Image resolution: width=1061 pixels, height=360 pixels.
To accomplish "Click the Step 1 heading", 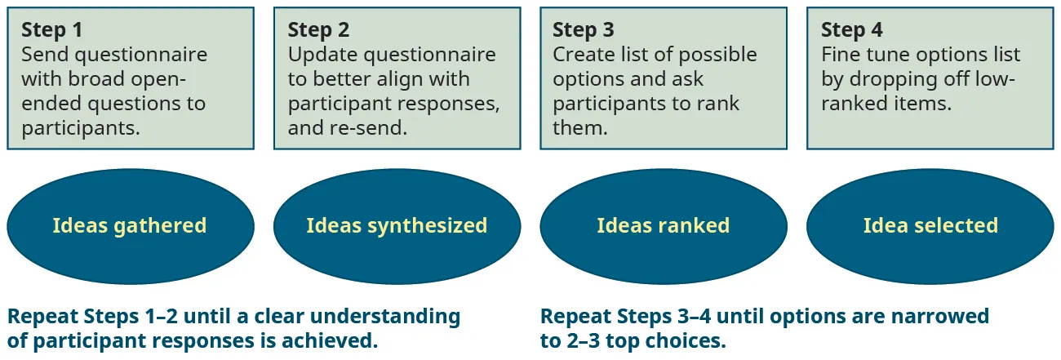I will [51, 30].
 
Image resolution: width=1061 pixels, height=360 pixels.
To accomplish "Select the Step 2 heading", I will [318, 30].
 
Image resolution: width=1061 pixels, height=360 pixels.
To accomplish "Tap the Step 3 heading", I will [584, 30].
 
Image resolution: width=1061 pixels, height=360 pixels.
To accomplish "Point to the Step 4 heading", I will [851, 30].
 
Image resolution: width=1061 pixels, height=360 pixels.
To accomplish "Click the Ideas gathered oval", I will [130, 226].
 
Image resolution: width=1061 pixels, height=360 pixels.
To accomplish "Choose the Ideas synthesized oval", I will [397, 226].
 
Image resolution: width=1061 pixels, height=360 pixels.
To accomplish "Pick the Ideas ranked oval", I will [663, 226].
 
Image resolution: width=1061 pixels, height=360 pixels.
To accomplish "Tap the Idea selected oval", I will [930, 226].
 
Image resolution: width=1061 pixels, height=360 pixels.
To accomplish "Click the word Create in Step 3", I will [582, 55].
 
